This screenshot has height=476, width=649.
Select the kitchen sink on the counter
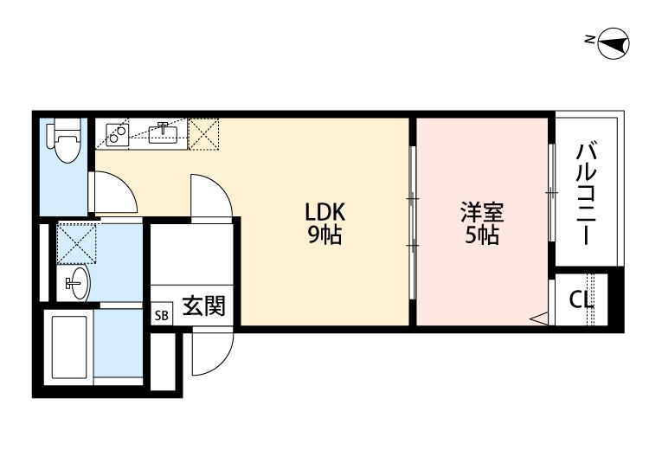[x=163, y=132]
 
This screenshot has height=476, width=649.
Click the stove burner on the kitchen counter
[x=117, y=132]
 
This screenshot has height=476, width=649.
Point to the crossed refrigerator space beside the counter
[x=205, y=132]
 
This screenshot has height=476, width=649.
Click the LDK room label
[x=324, y=211]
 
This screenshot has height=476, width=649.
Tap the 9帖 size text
[x=324, y=235]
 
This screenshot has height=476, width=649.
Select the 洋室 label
[x=482, y=211]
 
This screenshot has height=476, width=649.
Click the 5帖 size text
[x=482, y=235]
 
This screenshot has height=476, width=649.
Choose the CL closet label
[x=581, y=299]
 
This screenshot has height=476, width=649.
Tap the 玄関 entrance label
[x=203, y=306]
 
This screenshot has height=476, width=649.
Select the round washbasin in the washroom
[x=76, y=283]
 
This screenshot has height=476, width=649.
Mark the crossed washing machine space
[x=74, y=243]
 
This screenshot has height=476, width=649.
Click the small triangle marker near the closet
[x=540, y=318]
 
